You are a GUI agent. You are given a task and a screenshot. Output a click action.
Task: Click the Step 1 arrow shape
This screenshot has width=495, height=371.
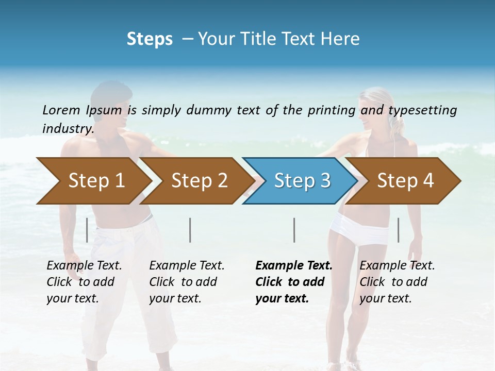point(95,181)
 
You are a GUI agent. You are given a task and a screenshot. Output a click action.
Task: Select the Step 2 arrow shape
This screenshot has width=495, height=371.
point(199,181)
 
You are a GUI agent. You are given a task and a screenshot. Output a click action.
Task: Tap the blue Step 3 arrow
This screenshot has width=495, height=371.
point(302,181)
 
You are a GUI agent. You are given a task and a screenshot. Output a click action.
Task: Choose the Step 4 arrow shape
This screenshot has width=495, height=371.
point(405,181)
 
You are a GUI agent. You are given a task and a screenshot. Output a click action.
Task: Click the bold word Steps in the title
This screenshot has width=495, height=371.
point(150,39)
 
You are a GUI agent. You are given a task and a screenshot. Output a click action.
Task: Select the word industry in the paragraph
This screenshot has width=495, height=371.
point(67,128)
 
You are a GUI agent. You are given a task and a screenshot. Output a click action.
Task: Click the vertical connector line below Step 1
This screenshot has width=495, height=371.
point(87,230)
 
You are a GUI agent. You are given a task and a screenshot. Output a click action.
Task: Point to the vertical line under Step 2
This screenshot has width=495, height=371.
point(190,230)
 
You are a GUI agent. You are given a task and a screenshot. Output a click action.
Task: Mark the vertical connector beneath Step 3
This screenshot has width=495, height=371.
point(294,230)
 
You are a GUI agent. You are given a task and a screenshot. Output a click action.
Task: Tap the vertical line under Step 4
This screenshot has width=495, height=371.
point(398,230)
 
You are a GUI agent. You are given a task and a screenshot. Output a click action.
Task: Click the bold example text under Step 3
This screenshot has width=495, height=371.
point(294,282)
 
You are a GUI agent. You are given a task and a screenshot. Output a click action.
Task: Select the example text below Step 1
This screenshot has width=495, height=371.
point(84,282)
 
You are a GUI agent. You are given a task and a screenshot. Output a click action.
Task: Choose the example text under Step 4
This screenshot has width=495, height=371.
point(397,282)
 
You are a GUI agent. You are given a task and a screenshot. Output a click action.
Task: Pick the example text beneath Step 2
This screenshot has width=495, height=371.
point(187,282)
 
